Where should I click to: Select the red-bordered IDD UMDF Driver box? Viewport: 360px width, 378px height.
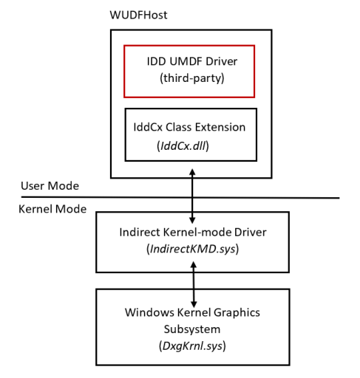tap(189, 71)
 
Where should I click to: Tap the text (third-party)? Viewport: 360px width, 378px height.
tap(189, 79)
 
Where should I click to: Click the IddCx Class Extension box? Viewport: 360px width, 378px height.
tap(191, 134)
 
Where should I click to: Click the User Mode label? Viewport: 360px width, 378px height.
tap(50, 185)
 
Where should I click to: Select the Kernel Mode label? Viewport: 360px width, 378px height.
tap(52, 209)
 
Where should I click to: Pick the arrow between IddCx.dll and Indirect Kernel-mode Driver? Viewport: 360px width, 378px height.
tap(193, 196)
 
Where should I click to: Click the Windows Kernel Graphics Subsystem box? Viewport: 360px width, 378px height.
tap(192, 326)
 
